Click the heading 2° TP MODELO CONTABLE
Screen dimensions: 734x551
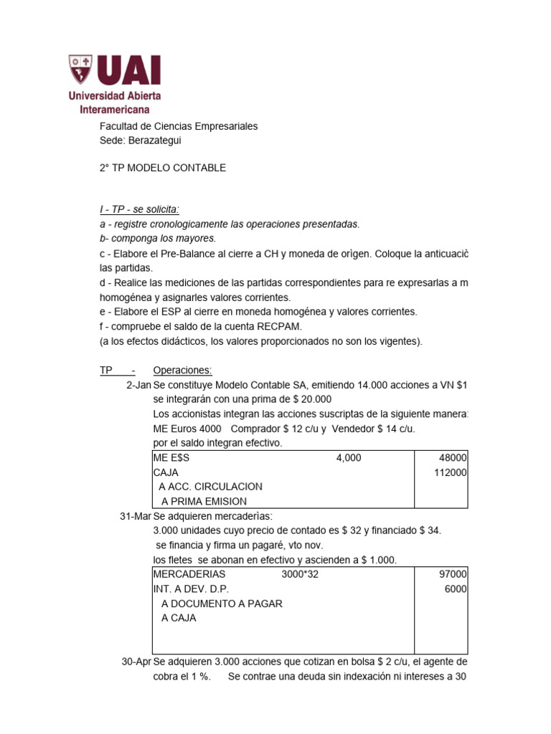pyautogui.click(x=162, y=168)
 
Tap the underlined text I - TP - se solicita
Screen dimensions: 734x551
pyautogui.click(x=139, y=209)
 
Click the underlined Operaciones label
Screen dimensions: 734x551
pyautogui.click(x=182, y=370)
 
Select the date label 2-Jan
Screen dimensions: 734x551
pyautogui.click(x=138, y=385)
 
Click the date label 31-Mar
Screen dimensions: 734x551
pyautogui.click(x=135, y=516)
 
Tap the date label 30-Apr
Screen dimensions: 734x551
pyautogui.click(x=136, y=662)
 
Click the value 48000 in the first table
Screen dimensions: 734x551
pyautogui.click(x=453, y=458)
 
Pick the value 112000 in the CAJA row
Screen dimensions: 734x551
pyautogui.click(x=450, y=472)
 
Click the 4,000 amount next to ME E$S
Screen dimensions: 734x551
pyautogui.click(x=349, y=458)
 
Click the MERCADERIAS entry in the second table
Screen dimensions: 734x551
pyautogui.click(x=189, y=574)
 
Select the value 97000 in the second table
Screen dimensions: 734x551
pyautogui.click(x=453, y=574)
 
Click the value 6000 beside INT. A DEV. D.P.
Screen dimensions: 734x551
pyautogui.click(x=456, y=588)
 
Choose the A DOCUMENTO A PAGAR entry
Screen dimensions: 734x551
pyautogui.click(x=222, y=604)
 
